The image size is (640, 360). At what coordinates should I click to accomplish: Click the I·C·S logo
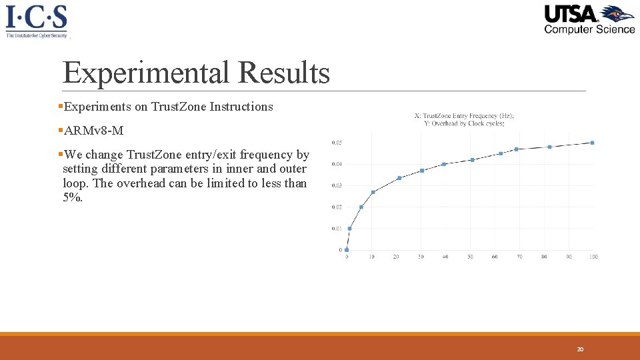pos(37,20)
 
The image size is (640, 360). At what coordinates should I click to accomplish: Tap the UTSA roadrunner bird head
pos(617,14)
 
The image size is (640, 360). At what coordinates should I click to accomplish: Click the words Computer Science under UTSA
pos(589,29)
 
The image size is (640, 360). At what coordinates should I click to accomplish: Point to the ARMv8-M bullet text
pos(94,130)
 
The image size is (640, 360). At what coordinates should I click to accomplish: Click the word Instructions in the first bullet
pos(241,107)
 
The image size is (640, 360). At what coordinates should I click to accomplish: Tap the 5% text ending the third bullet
pos(73,198)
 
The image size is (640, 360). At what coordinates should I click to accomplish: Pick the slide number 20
pos(580,349)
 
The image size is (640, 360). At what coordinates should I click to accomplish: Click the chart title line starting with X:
pos(464,115)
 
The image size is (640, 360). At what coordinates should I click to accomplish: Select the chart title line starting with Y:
pos(464,123)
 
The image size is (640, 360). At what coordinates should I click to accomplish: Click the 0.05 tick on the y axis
pos(337,143)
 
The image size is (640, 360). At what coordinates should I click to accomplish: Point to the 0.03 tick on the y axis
pos(337,185)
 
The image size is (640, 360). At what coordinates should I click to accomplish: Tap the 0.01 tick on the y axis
pos(337,229)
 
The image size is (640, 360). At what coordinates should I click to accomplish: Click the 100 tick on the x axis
pos(593,257)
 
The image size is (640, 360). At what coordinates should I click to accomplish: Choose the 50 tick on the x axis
pos(470,257)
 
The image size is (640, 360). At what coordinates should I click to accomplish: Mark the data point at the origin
pos(347,250)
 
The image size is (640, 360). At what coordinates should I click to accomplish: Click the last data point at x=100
pos(593,143)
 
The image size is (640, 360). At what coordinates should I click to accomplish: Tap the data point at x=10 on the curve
pos(373,192)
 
